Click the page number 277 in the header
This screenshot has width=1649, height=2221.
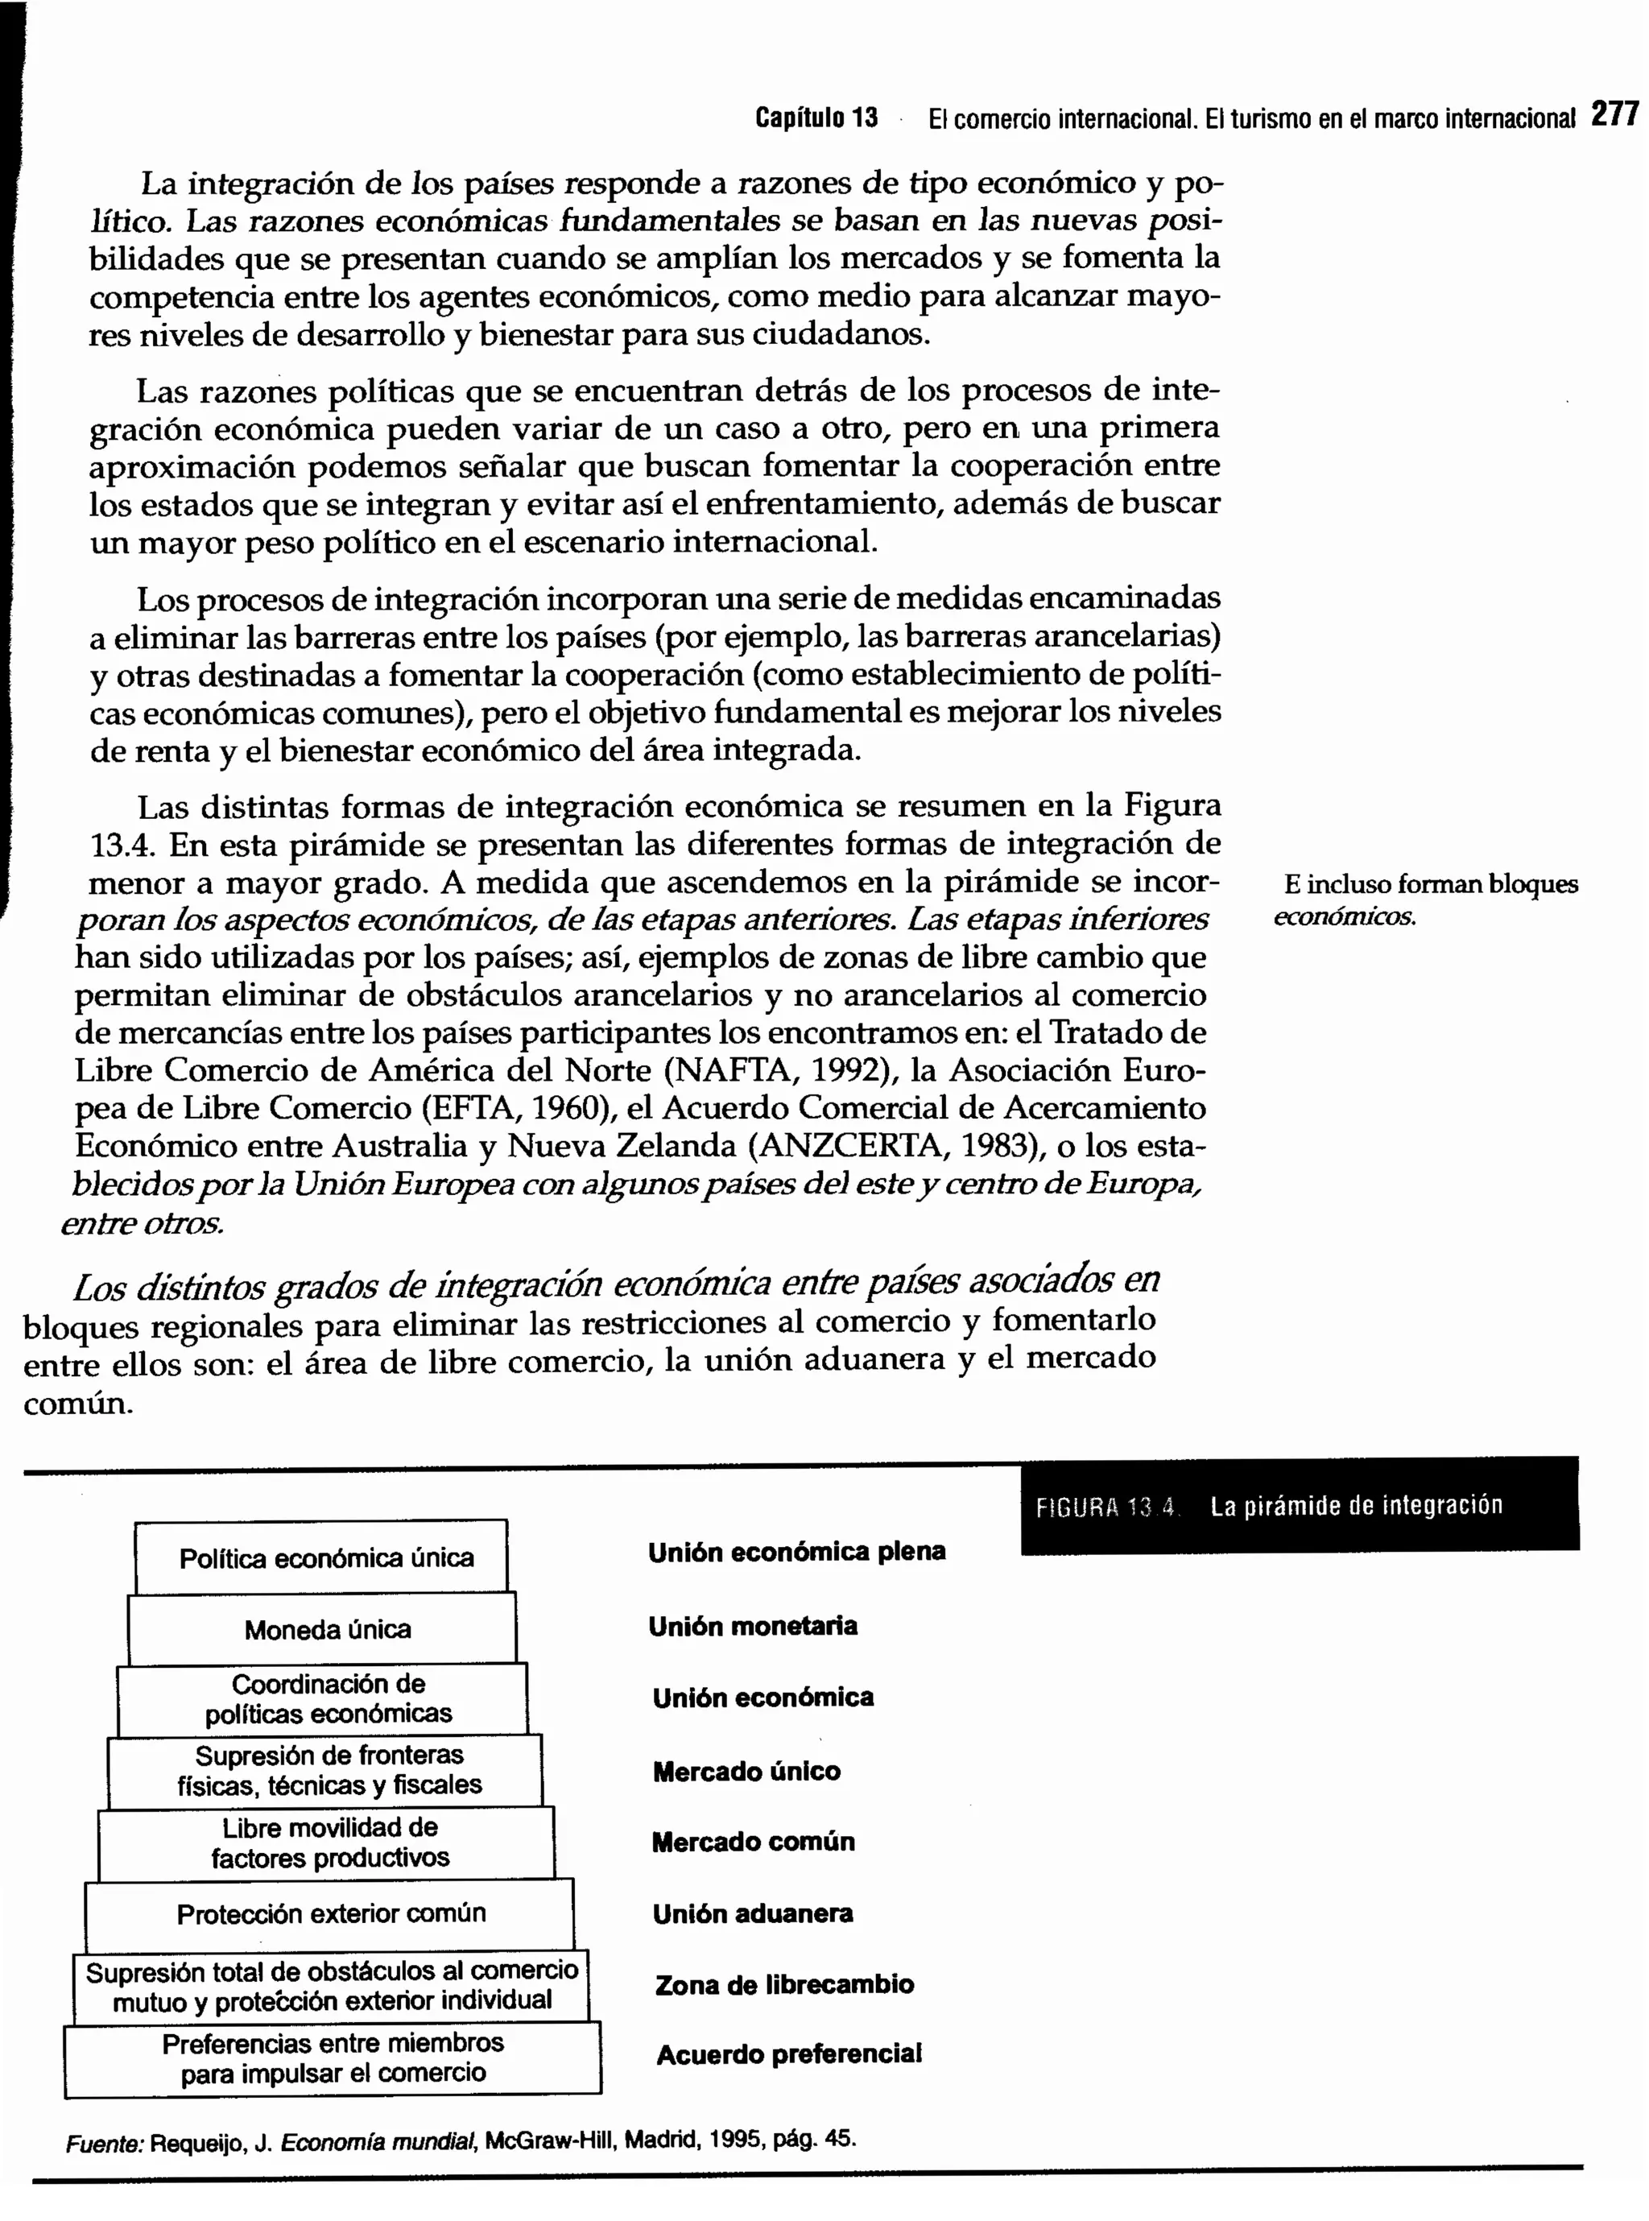coord(1614,115)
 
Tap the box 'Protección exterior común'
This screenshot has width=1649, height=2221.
coord(330,1913)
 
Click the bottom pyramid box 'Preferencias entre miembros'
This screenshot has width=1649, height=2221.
coord(333,2058)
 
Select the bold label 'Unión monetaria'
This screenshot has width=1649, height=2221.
coord(752,1626)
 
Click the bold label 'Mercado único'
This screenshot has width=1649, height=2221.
coord(746,1772)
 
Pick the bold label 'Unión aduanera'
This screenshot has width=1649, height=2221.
coord(753,1913)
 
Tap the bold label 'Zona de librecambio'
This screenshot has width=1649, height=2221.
coord(783,1984)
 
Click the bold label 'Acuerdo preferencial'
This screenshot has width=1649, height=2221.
coord(788,2054)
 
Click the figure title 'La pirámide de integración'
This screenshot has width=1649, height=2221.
coord(1356,1505)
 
